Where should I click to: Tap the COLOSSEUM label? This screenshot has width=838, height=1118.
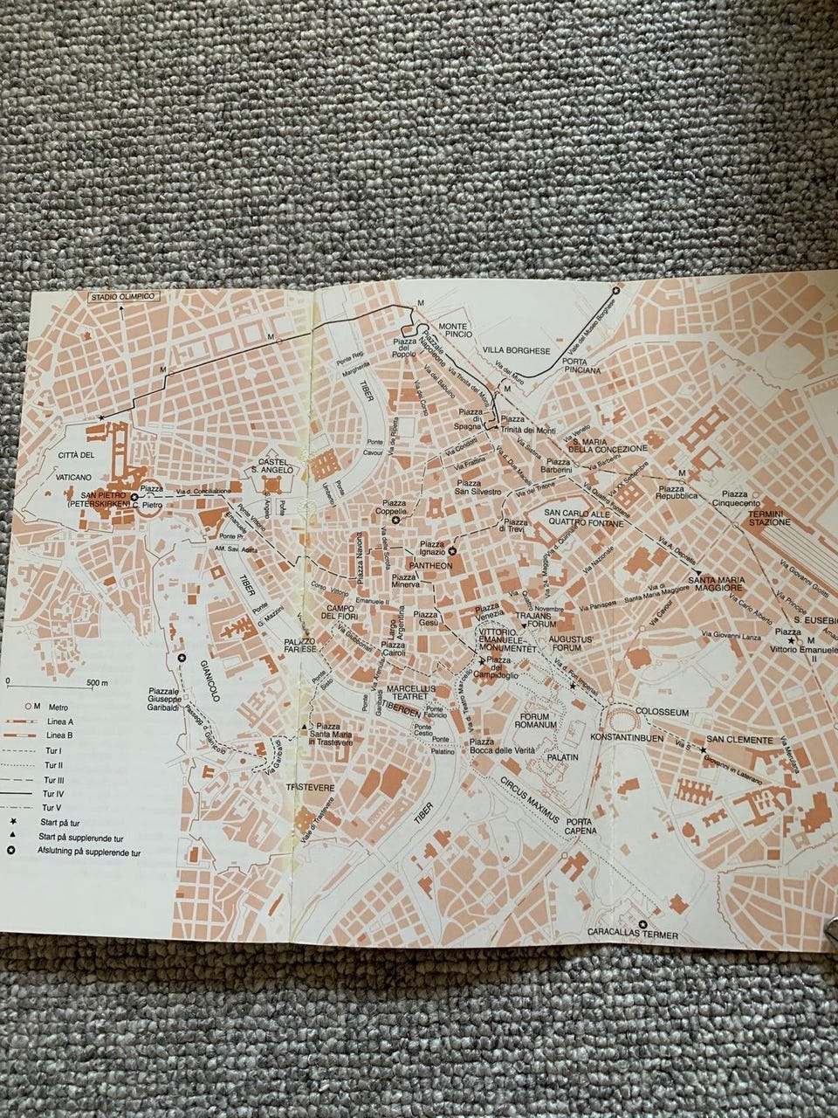click(x=663, y=713)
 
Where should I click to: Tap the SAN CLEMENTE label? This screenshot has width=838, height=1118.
click(x=739, y=741)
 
